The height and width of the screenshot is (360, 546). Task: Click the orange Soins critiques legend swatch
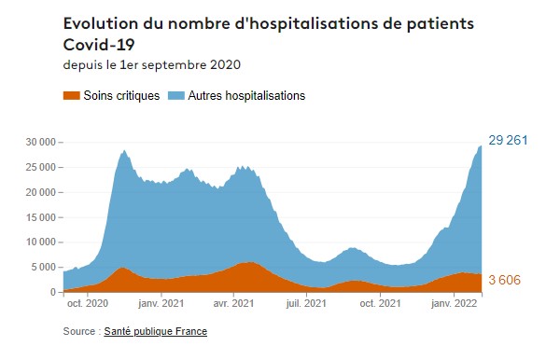pyautogui.click(x=70, y=95)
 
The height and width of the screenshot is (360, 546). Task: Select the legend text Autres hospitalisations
pyautogui.click(x=246, y=95)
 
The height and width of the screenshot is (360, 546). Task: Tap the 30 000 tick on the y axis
pyautogui.click(x=42, y=142)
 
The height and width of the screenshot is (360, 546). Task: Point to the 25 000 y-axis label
pyautogui.click(x=42, y=167)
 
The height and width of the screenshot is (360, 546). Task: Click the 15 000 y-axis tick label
pyautogui.click(x=42, y=217)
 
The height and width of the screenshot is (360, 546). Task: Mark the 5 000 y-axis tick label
pyautogui.click(x=45, y=268)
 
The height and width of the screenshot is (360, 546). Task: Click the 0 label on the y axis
pyautogui.click(x=54, y=293)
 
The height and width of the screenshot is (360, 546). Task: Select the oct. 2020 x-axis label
pyautogui.click(x=88, y=303)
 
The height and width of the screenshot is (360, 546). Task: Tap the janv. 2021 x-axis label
pyautogui.click(x=161, y=303)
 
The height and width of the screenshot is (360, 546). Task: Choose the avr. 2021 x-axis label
pyautogui.click(x=233, y=303)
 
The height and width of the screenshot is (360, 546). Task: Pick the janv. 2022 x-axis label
pyautogui.click(x=454, y=303)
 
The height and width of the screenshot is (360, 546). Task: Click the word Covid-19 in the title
pyautogui.click(x=100, y=43)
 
